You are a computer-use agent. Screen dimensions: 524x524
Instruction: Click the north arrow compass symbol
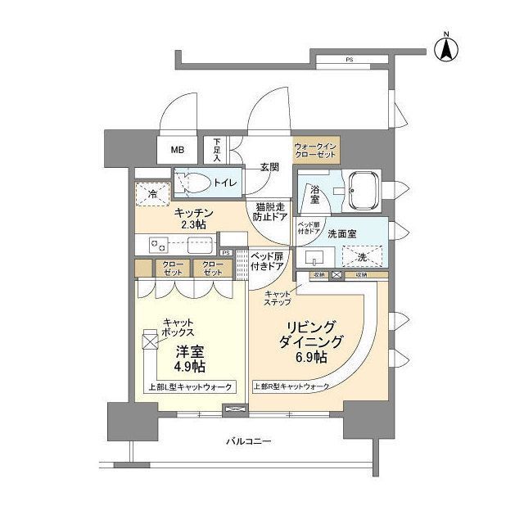447,47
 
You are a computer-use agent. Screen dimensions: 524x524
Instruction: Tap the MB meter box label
178,150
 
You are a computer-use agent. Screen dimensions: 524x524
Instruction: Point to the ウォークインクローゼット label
314,150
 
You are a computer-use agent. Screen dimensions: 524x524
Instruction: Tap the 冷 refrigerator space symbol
151,193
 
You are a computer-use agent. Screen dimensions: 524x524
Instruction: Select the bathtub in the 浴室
360,191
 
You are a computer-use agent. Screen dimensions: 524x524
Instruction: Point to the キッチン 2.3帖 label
194,219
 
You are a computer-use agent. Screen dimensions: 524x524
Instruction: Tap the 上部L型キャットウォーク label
190,387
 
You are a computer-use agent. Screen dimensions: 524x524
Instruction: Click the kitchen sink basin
200,244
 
